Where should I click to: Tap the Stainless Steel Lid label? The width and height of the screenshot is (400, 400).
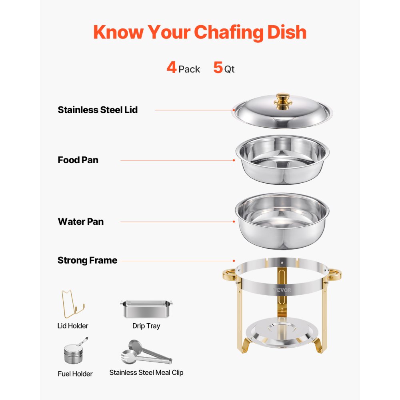[x=98, y=110]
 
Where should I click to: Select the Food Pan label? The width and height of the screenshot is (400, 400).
[x=78, y=160]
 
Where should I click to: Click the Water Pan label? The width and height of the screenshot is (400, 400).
[x=81, y=222]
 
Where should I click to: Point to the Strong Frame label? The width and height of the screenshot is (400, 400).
[x=87, y=260]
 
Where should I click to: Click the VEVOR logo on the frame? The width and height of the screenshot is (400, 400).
[x=282, y=290]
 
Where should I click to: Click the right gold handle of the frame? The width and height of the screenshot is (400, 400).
[x=335, y=275]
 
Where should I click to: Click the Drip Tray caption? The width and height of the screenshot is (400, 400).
[x=146, y=326]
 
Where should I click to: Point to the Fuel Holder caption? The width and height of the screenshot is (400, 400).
[x=75, y=374]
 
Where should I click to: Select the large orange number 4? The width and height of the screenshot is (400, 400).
[x=172, y=68]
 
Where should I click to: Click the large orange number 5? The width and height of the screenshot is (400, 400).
[x=218, y=68]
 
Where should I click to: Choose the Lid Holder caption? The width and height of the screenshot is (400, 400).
[x=73, y=326]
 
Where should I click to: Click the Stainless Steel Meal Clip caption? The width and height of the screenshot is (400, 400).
[x=146, y=372]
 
